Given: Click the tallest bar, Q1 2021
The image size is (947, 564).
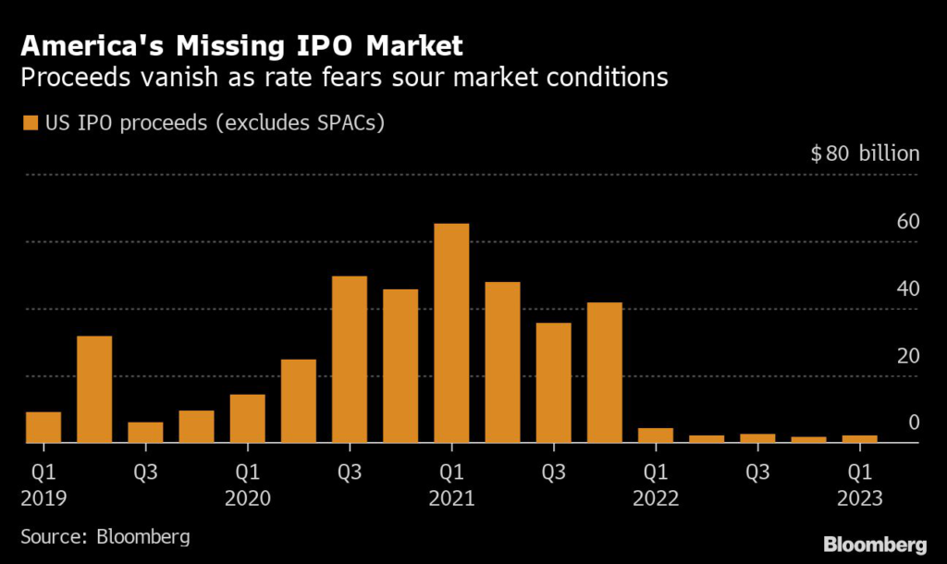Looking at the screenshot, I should tap(451, 333).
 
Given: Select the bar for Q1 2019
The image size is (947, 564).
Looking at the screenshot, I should tap(43, 427).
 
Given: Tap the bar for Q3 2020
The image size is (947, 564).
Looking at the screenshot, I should tap(350, 360).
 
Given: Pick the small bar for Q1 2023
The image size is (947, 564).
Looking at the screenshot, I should tap(859, 439).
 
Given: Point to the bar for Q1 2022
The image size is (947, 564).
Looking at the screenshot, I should tap(655, 435).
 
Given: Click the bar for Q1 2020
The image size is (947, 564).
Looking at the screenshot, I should tap(247, 419).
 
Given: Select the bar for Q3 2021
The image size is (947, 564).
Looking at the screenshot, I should tap(553, 383).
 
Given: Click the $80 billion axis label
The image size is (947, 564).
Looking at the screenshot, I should tap(865, 153).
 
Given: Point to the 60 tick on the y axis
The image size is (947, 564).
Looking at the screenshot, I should tap(907, 222).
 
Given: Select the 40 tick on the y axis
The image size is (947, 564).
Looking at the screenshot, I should tap(907, 288).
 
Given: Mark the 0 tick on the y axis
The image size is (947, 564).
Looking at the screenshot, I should tap(914, 423).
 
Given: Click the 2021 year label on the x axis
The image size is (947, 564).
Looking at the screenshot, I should tap(451, 497).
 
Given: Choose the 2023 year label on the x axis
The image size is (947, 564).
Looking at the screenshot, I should tap(859, 497).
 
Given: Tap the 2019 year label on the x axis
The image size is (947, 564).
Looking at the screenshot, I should tap(43, 497).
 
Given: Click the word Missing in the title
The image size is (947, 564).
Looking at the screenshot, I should tap(264, 45).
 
